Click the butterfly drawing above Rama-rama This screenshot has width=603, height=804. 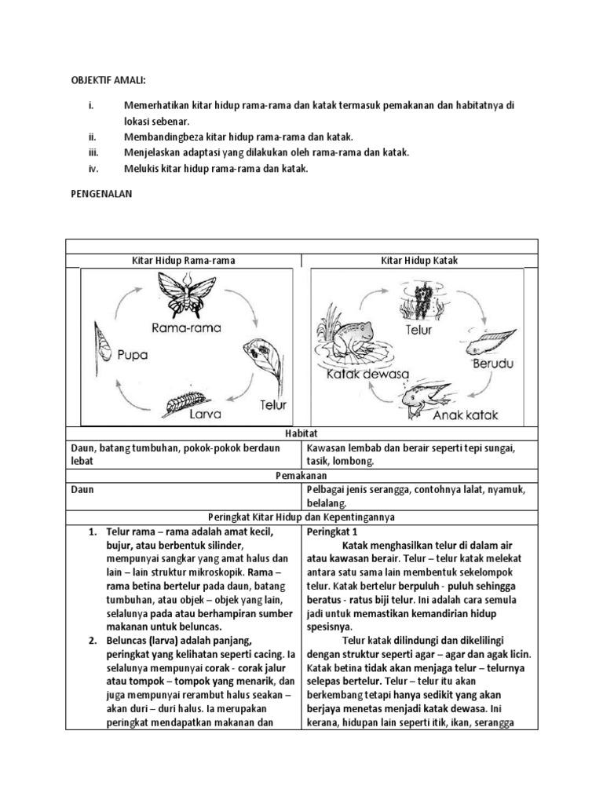187,294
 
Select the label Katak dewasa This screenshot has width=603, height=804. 367,375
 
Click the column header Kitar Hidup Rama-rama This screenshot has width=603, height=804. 185,260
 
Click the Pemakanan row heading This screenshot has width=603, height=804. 301,475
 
